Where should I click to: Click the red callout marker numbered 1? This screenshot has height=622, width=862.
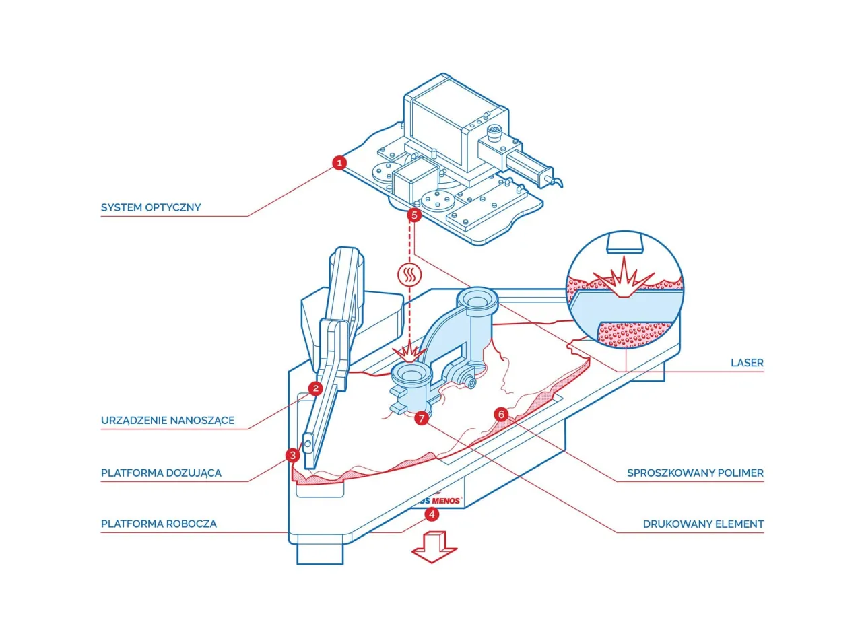(x=340, y=162)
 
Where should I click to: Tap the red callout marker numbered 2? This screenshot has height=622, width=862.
(x=314, y=388)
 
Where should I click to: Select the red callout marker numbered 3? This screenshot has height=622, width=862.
(x=292, y=455)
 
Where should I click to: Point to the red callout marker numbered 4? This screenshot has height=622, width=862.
(x=431, y=514)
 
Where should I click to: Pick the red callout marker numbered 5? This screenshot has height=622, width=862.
(x=414, y=215)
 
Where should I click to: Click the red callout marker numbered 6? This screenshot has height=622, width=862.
(x=500, y=414)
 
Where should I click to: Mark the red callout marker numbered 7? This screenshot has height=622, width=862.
(x=422, y=418)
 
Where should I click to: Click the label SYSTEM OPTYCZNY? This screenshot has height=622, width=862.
(x=151, y=207)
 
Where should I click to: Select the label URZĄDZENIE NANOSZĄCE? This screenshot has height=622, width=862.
(x=168, y=420)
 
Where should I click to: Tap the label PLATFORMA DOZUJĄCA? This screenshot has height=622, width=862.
(x=161, y=473)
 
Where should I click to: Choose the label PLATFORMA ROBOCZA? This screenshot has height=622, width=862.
(x=159, y=524)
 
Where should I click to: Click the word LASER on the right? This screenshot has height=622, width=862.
(x=747, y=363)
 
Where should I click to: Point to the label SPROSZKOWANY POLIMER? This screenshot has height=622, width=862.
(x=695, y=473)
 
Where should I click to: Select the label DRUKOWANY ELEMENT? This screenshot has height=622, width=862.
(x=703, y=524)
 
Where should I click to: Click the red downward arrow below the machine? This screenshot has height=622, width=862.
(x=434, y=546)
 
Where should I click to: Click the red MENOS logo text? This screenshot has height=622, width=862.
(x=446, y=501)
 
